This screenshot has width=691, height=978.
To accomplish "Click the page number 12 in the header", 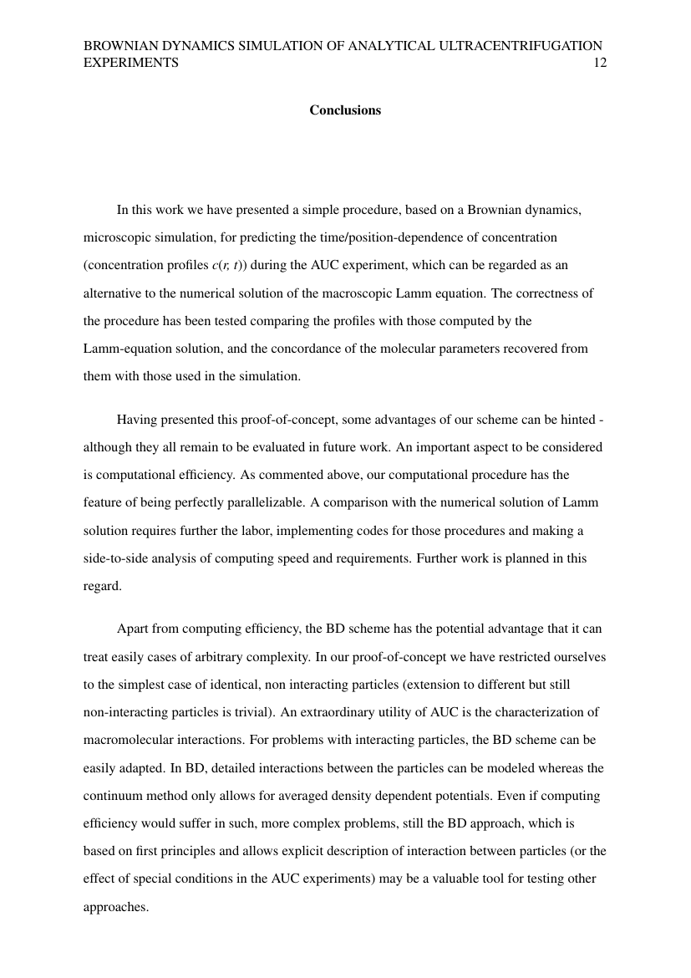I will (599, 63).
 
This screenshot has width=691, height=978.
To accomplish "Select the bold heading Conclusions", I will (345, 110).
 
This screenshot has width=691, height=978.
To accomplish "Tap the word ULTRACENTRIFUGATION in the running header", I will (520, 46).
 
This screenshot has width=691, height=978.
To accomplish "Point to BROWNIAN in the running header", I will (119, 46).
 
